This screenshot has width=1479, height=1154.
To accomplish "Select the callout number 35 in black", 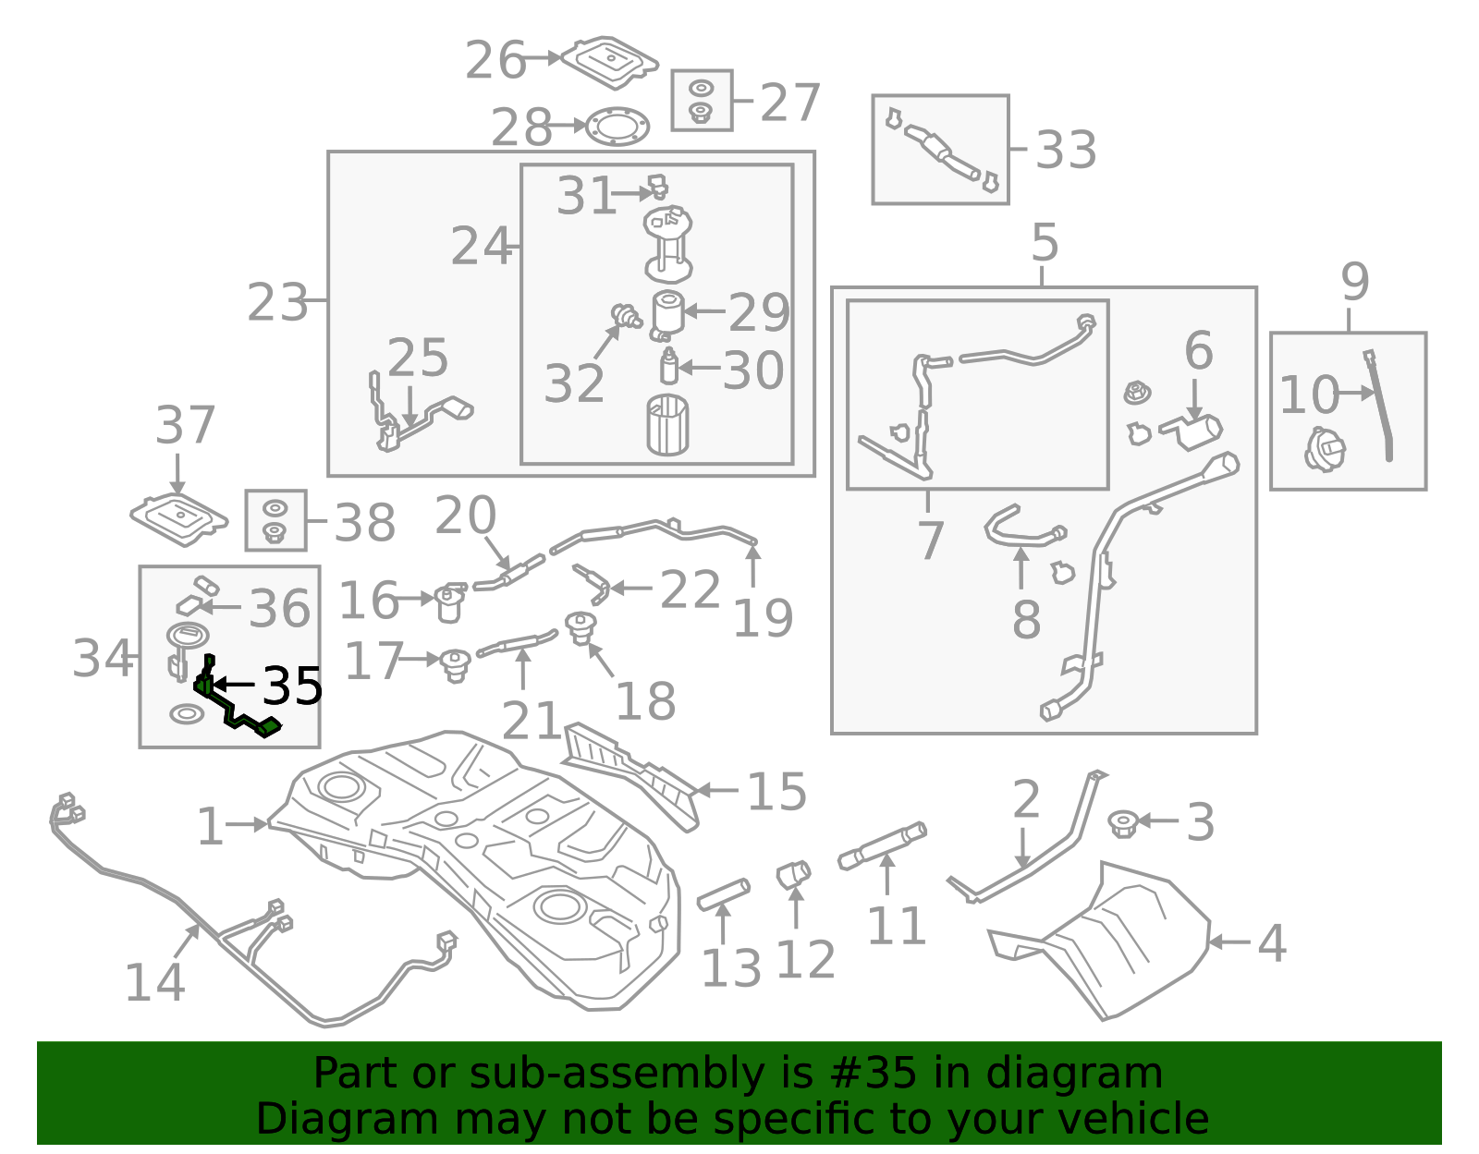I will coord(293,686).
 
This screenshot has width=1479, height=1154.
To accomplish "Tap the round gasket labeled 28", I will coord(617,127).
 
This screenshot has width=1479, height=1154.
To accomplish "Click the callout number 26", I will coord(495,61).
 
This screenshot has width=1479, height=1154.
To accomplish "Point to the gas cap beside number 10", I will coord(1324,450).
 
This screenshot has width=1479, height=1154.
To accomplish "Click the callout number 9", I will coord(1354,282).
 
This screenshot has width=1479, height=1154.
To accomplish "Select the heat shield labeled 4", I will coord(1109,942).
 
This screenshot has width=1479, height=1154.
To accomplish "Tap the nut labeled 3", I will coord(1123,822).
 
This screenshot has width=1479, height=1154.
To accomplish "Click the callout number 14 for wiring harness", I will coord(154,982).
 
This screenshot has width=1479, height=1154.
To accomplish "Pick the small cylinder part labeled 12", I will coord(793,873).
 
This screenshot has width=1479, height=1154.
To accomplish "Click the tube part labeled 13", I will coord(724,895).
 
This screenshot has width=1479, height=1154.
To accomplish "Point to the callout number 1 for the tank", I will coord(210,827).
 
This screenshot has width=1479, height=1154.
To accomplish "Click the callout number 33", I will coord(1066,150).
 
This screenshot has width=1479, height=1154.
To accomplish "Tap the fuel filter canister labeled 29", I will coord(667,313).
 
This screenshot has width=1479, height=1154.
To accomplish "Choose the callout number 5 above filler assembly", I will coord(1044,243).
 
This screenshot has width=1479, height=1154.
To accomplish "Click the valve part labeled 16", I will coord(450,602).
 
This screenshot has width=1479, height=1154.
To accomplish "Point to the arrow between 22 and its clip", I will coord(631,588).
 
